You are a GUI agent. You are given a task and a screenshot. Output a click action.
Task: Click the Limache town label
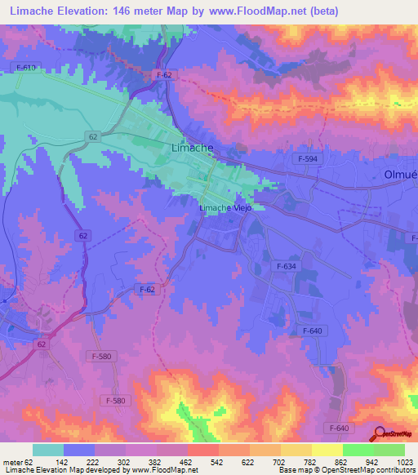coord(192,149)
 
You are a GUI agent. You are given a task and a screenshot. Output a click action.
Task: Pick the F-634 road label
coord(287,266)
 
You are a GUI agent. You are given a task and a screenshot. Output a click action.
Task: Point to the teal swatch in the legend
coord(48,450)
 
